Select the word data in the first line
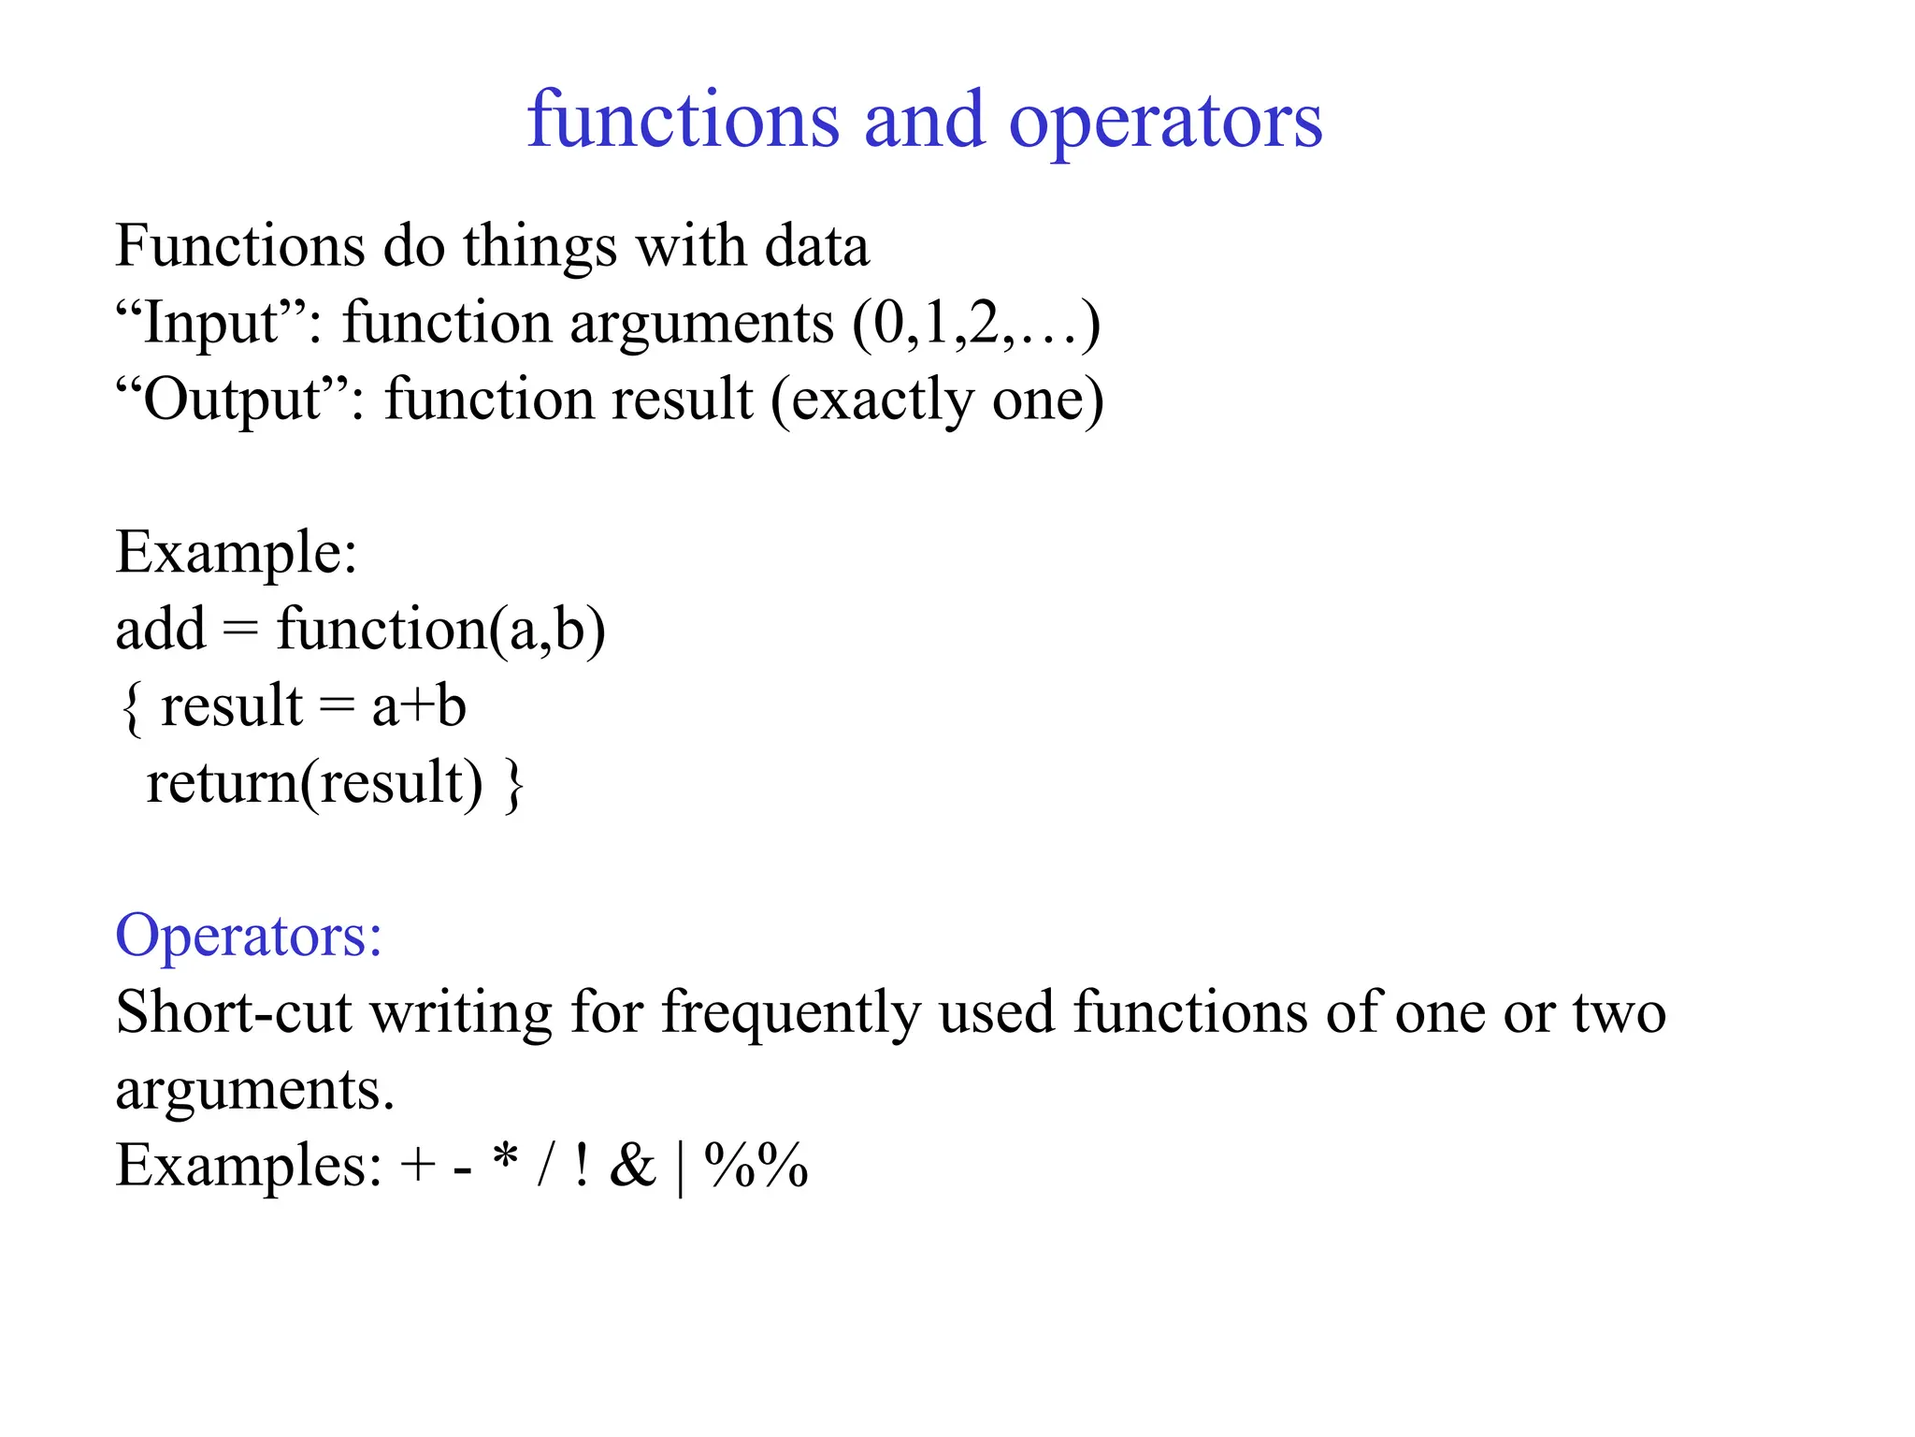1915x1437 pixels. point(816,247)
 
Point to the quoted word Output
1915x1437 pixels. point(233,400)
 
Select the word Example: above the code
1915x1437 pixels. point(237,553)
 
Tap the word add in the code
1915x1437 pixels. point(160,630)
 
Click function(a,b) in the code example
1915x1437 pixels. point(440,630)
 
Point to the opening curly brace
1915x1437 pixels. point(132,707)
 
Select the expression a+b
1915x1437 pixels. point(419,707)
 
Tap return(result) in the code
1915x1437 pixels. point(314,784)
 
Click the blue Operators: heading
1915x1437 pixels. point(249,936)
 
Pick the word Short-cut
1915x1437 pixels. point(234,1012)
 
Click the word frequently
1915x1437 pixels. point(791,1014)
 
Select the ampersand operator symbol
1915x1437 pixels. point(633,1166)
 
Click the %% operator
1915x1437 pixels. point(756,1166)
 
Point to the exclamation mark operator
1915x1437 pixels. point(582,1166)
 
